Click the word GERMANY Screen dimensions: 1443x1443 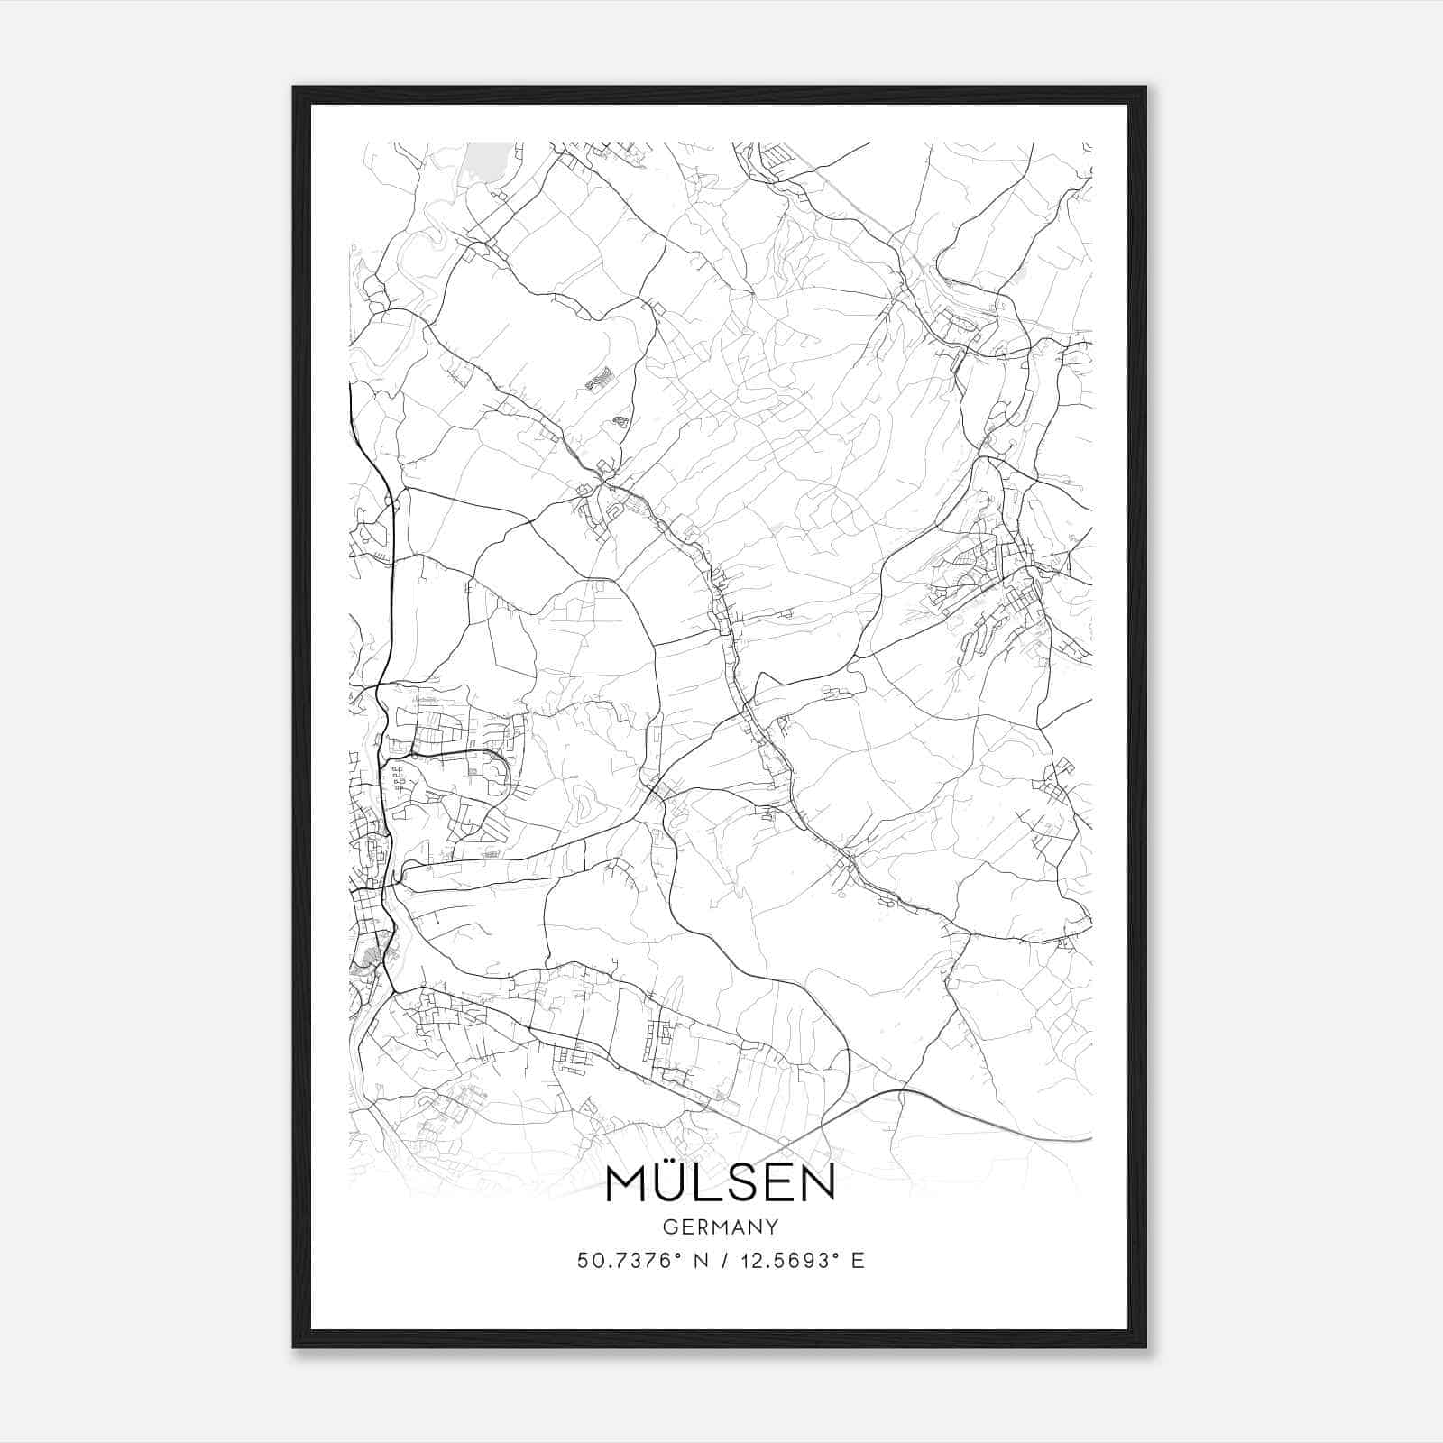721,1227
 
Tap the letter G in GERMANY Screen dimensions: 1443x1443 669,1227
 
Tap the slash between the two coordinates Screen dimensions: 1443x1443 719,1261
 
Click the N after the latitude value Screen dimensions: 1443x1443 697,1261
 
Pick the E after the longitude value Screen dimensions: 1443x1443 858,1261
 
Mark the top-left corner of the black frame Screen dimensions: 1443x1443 294,87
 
